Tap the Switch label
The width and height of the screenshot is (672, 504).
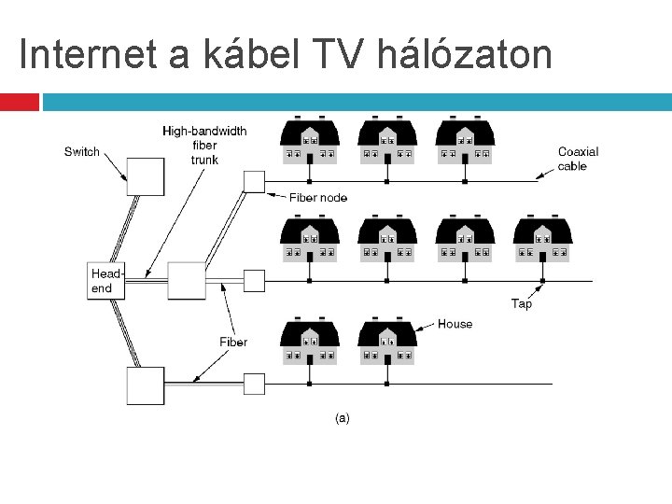pyautogui.click(x=82, y=151)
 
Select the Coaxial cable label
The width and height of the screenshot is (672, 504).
pyautogui.click(x=578, y=159)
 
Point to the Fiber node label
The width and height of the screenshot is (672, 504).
pyautogui.click(x=317, y=197)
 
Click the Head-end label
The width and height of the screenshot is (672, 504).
pyautogui.click(x=106, y=281)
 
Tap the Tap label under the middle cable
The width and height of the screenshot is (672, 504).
pyautogui.click(x=522, y=303)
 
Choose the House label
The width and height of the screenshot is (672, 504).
pyautogui.click(x=455, y=324)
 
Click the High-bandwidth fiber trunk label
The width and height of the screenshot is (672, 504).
pyautogui.click(x=204, y=145)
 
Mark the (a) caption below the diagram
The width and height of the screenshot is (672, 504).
pyautogui.click(x=343, y=418)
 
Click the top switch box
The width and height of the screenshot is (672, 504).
pyautogui.click(x=146, y=175)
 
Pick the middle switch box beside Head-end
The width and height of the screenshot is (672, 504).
pyautogui.click(x=186, y=280)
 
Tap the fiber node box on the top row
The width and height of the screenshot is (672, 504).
pyautogui.click(x=254, y=181)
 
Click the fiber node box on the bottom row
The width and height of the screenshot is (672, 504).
pyautogui.click(x=254, y=384)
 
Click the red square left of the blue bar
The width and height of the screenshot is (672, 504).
pyautogui.click(x=20, y=102)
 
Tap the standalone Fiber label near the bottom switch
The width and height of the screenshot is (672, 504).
pyautogui.click(x=233, y=343)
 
